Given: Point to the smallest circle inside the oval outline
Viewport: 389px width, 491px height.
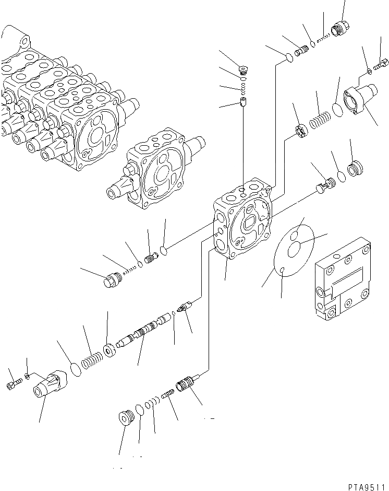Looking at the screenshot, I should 281,270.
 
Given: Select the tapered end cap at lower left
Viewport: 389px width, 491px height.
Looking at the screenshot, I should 49,385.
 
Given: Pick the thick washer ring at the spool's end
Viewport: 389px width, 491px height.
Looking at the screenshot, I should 110,349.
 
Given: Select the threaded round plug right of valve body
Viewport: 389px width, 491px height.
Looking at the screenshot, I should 355,169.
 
